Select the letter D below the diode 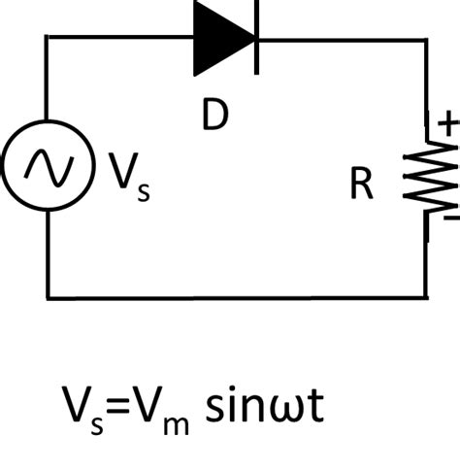tap(214, 116)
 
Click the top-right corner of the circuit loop tap(426, 39)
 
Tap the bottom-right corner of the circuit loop tap(426, 297)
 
